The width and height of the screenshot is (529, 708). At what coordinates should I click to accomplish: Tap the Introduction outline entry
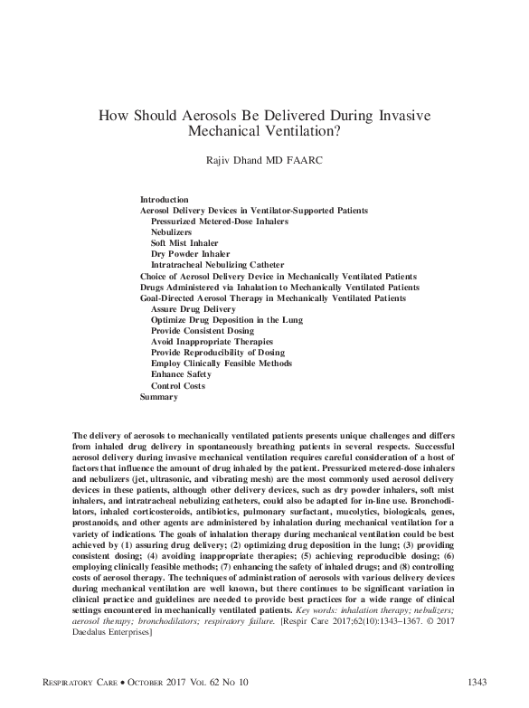click(165, 198)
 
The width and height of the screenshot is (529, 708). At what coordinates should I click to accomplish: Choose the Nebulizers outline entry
click(172, 232)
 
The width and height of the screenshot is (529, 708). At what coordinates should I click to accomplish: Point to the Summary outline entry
click(159, 397)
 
